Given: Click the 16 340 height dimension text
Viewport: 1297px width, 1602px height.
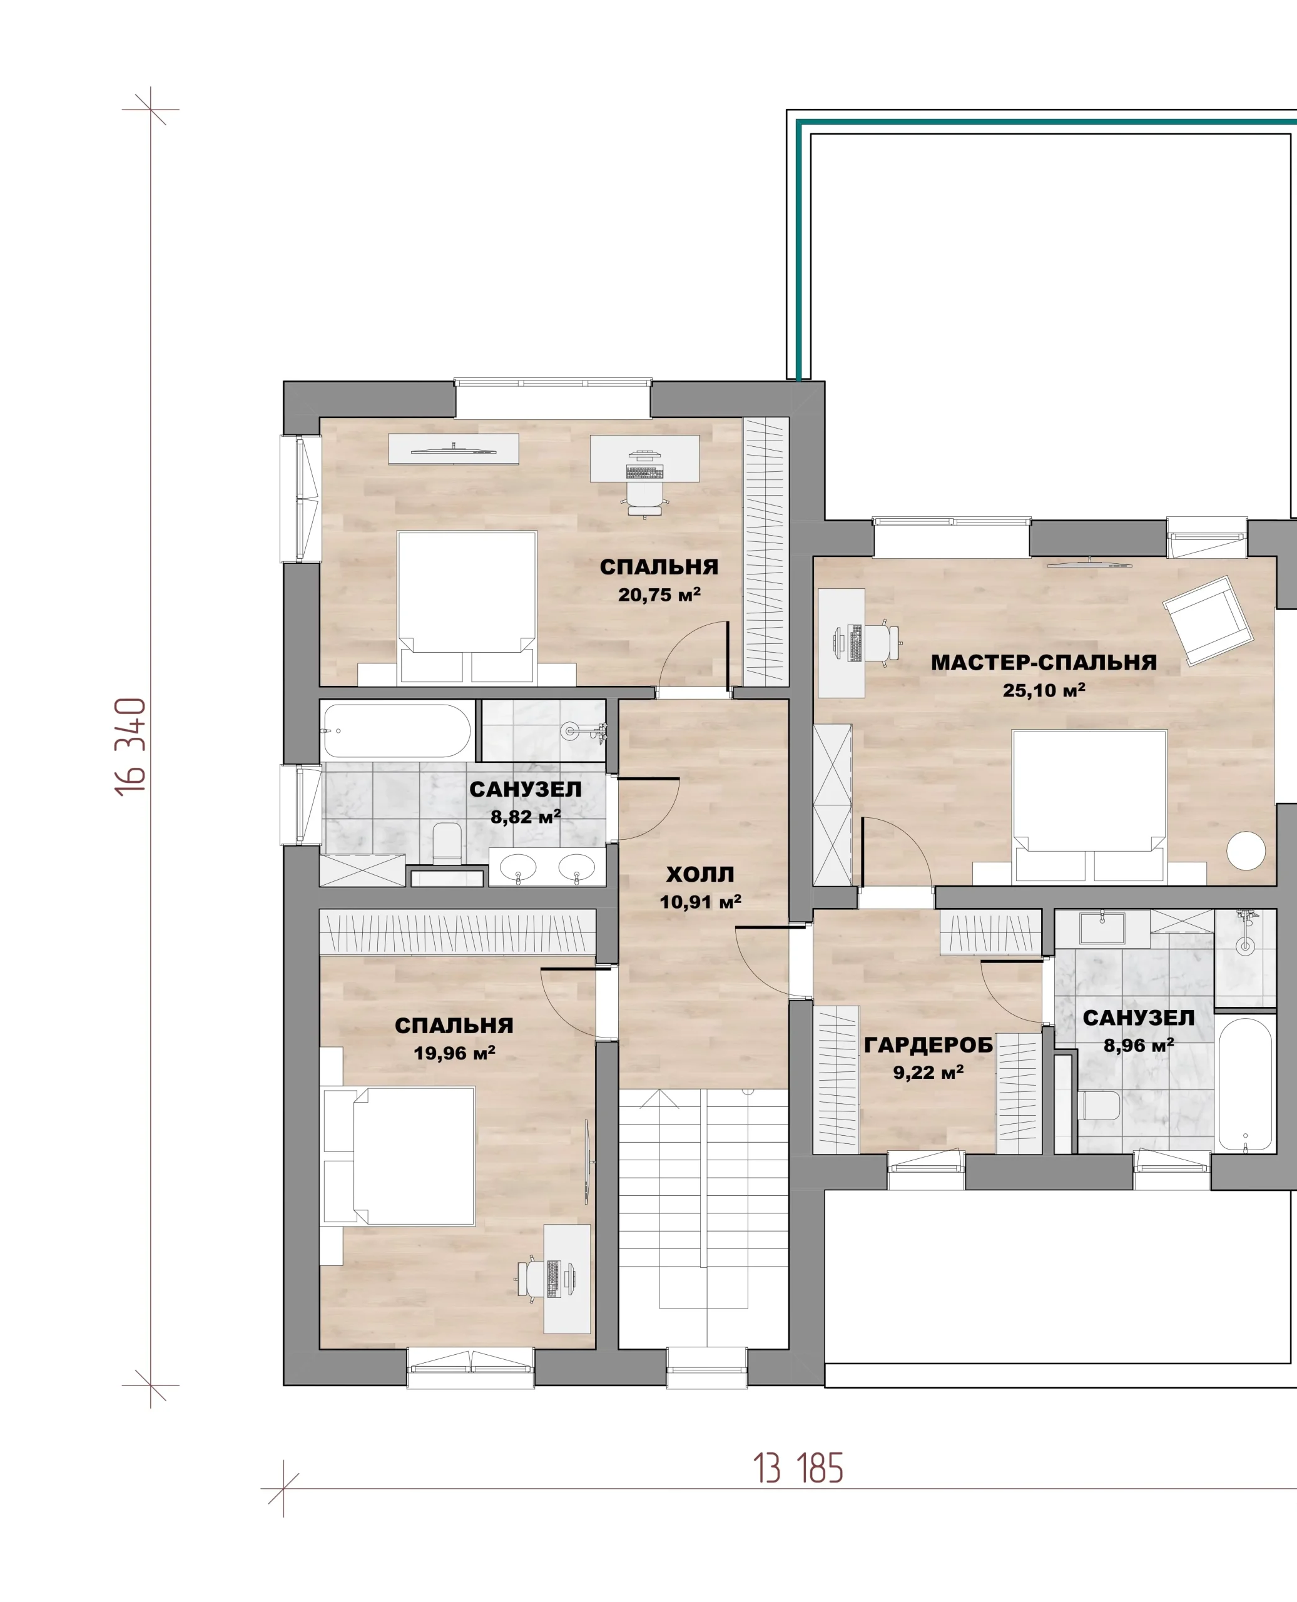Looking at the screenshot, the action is tap(131, 747).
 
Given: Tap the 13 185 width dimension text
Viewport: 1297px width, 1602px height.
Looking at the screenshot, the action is tap(798, 1468).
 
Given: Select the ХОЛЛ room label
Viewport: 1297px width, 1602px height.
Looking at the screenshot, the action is tap(700, 874).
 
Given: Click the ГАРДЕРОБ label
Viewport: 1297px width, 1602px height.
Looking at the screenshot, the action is tap(928, 1044).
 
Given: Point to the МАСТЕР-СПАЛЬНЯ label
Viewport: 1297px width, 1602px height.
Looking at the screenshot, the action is tap(1044, 662).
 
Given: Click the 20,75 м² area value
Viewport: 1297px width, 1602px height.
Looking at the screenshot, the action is tap(659, 594).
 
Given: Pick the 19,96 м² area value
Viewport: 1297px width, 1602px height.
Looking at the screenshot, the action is tap(454, 1053).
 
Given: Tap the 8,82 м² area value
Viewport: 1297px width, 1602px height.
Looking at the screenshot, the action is tap(525, 817).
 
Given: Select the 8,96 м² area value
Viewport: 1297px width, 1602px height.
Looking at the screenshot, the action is tap(1139, 1045).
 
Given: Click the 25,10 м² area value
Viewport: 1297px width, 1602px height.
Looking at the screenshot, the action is tap(1044, 690).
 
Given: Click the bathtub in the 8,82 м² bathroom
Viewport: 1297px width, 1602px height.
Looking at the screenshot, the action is tap(397, 730).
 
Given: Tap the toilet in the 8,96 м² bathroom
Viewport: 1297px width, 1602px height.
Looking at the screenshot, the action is tap(1099, 1105).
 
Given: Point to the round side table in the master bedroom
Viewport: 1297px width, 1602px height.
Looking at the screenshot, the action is tap(1246, 850).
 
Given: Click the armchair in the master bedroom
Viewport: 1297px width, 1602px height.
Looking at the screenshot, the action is tap(1208, 620).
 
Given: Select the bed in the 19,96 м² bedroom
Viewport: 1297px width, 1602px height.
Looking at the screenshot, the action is tap(398, 1156).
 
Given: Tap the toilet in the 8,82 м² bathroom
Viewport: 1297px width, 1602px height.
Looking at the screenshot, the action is tap(447, 844).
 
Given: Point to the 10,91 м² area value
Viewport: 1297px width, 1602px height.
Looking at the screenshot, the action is tap(700, 902).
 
